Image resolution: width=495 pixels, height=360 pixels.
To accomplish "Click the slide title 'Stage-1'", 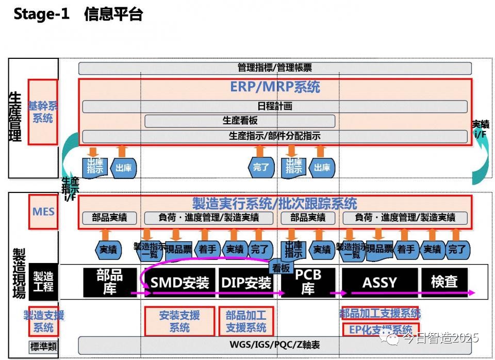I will (x=41, y=14).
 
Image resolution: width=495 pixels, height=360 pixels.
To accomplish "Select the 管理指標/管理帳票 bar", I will (x=275, y=68).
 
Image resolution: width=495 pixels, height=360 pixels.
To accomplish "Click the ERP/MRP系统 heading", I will (x=275, y=87).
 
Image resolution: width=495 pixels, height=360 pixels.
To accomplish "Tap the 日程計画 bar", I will (x=275, y=106).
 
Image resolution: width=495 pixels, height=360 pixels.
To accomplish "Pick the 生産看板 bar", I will (x=240, y=121).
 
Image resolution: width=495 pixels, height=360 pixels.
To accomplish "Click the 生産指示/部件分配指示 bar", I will (x=275, y=136).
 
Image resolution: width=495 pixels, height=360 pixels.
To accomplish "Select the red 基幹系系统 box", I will (x=43, y=112).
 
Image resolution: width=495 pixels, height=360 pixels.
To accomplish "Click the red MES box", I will (x=43, y=211).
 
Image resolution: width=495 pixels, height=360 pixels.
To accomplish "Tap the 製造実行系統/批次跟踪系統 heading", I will (x=275, y=203).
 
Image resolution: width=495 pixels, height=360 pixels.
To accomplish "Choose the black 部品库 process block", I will (x=110, y=282).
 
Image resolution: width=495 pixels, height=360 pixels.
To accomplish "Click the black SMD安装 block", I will (x=179, y=282).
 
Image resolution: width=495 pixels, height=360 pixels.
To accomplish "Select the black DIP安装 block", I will (x=246, y=282).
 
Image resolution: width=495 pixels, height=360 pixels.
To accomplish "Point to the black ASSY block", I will (x=379, y=282).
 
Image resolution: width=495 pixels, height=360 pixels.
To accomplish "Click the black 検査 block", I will (x=444, y=282).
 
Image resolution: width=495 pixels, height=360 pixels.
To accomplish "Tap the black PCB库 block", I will (x=308, y=282).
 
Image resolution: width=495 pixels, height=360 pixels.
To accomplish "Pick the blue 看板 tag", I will (x=282, y=267).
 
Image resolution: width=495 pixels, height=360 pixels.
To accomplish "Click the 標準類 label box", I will (x=43, y=347).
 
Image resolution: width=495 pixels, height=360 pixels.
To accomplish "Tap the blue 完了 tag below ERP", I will (x=261, y=167).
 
